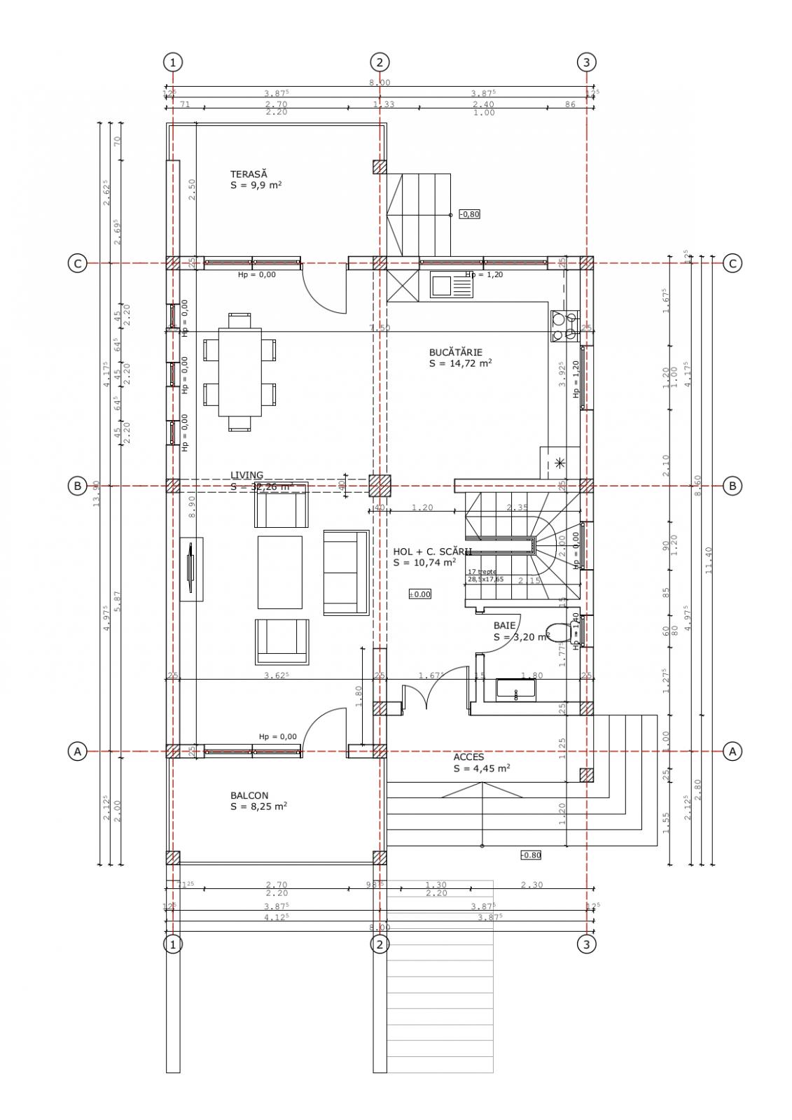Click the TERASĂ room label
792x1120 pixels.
coord(249,174)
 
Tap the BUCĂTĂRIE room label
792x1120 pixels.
coord(455,352)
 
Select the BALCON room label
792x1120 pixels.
coord(249,795)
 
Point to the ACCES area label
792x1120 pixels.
coord(468,757)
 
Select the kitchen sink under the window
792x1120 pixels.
coord(443,286)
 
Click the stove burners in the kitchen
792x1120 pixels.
coord(564,326)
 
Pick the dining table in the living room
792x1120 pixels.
coord(239,372)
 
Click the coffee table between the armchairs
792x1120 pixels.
coord(279,572)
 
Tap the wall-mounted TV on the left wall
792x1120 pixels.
coord(190,568)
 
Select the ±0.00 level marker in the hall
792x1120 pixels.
coord(420,594)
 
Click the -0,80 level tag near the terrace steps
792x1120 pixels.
coord(469,214)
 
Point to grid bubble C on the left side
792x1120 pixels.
coord(77,263)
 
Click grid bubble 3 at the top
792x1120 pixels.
coord(586,62)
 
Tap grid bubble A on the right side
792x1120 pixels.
coord(732,751)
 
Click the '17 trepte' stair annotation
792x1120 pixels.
coord(482,571)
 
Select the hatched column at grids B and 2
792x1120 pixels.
coord(379,485)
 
